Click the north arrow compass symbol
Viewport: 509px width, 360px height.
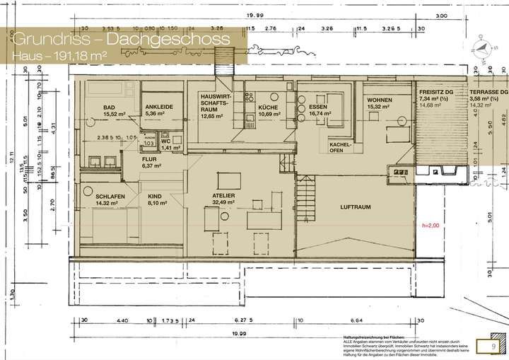483,46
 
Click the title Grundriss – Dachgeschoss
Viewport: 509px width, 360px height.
121,39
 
